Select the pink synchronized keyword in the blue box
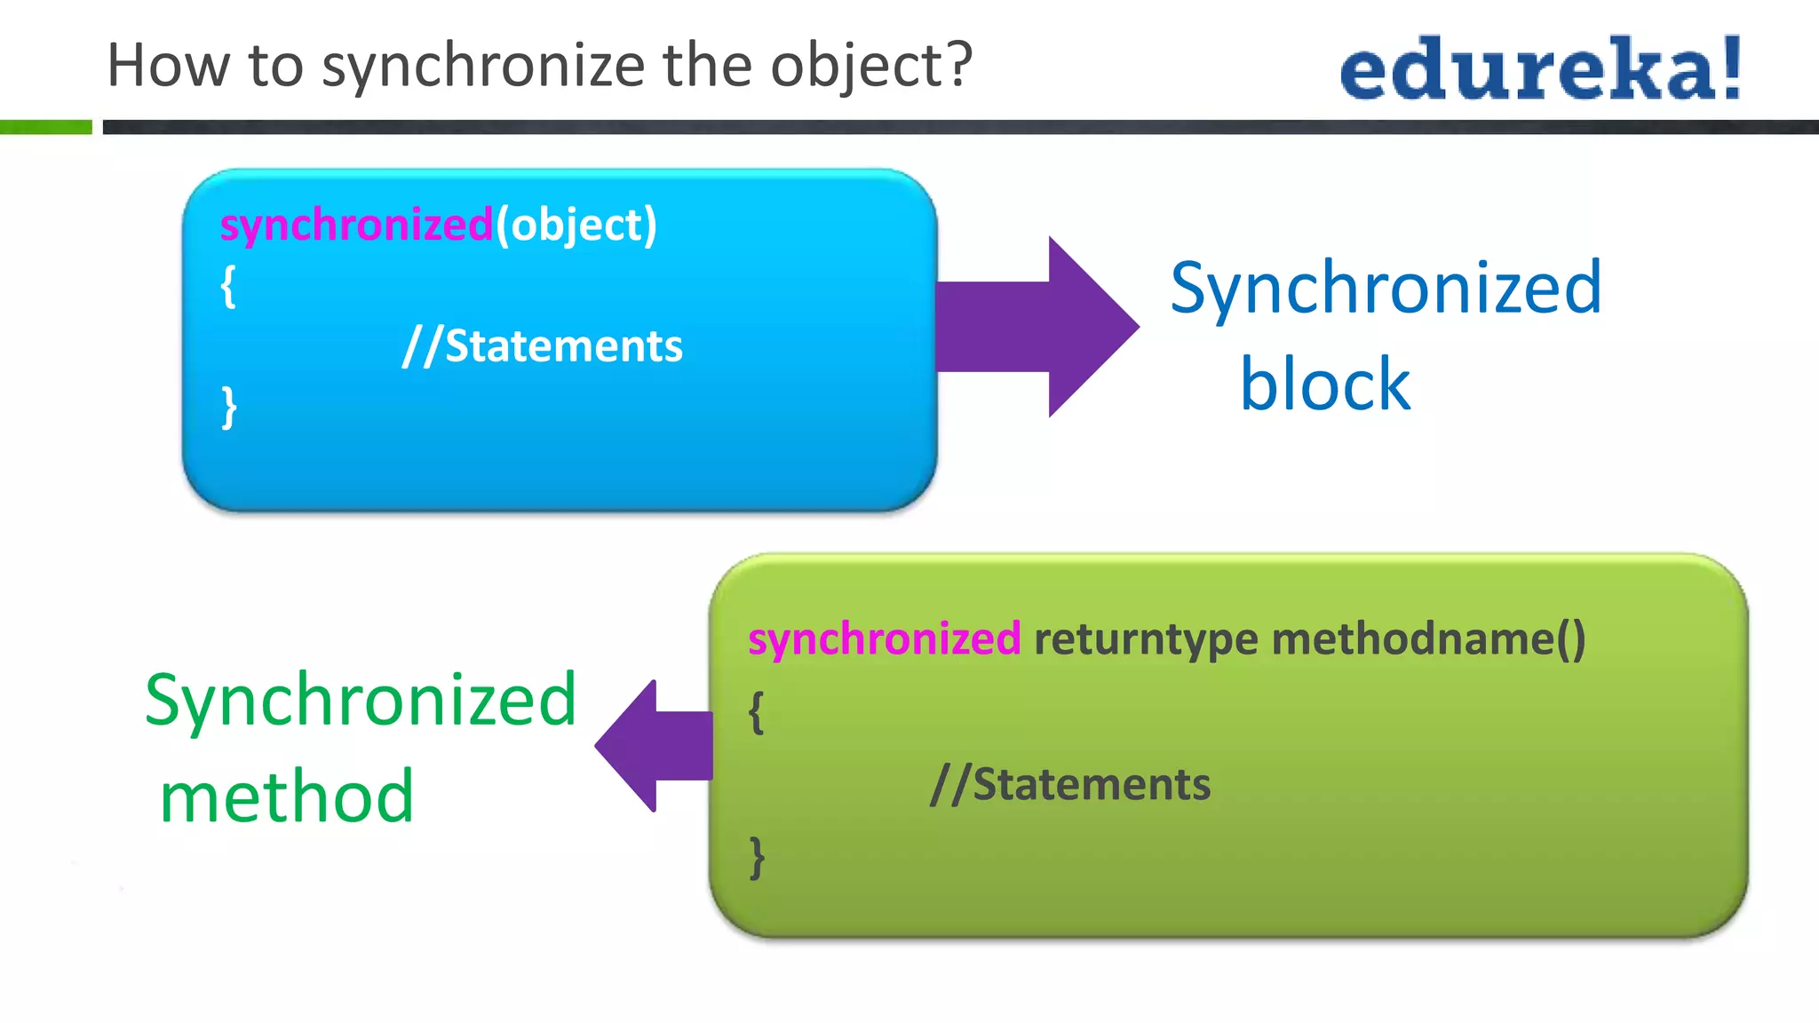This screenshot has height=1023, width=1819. (x=356, y=225)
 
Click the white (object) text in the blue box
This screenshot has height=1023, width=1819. (x=576, y=225)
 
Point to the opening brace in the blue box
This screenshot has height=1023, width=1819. (x=228, y=286)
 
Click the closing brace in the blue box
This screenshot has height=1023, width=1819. (x=229, y=407)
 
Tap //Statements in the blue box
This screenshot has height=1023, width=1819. (x=543, y=345)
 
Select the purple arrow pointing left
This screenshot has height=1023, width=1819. (x=653, y=746)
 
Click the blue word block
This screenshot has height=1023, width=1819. (x=1324, y=384)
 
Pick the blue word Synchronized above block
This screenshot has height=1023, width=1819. (x=1386, y=288)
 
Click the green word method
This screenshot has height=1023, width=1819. (x=287, y=796)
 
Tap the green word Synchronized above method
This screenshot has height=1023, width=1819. (x=361, y=700)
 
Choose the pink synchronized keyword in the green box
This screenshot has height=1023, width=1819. (x=884, y=639)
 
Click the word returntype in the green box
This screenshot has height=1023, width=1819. (x=1146, y=639)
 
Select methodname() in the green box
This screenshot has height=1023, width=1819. (x=1428, y=639)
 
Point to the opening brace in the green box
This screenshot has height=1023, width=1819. (x=756, y=712)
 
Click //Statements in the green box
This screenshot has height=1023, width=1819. (x=1070, y=785)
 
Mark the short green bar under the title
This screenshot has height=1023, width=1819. (x=45, y=128)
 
